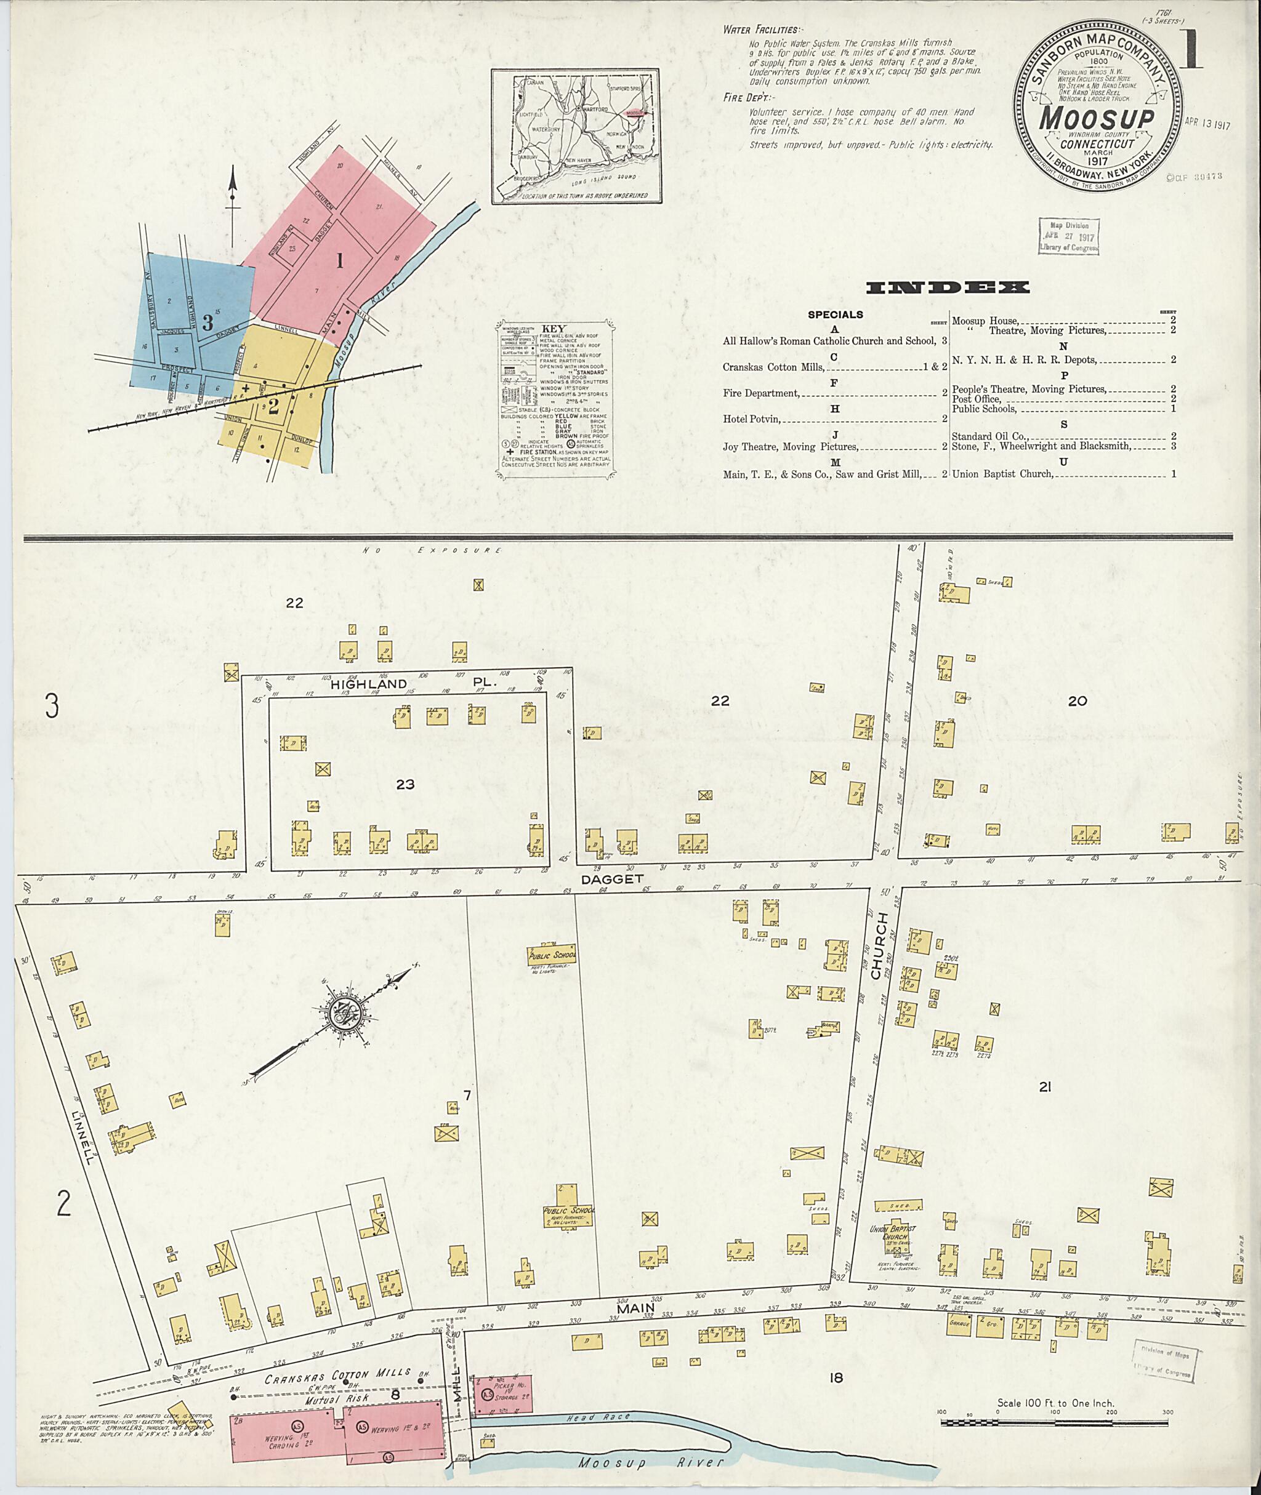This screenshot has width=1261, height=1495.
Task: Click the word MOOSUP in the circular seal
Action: coord(1096,119)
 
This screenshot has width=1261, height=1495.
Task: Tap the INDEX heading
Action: coord(947,288)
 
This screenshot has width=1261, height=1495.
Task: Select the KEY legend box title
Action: coord(555,329)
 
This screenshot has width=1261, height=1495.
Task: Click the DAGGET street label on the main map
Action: coord(612,879)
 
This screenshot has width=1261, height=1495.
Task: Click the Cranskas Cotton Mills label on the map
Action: coord(338,1374)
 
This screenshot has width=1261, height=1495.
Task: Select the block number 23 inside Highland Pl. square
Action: coord(405,785)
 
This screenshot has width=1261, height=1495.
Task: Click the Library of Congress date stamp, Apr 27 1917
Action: coord(1068,236)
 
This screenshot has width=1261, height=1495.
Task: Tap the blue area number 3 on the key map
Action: coord(207,323)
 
